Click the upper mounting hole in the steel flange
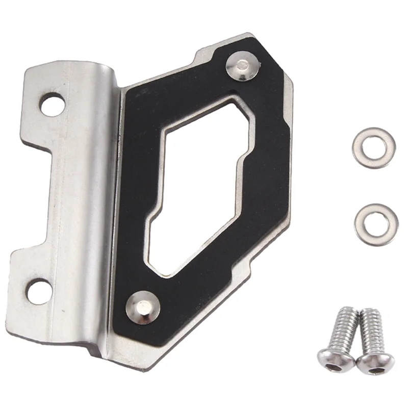(x=52, y=104)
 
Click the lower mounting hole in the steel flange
(x=39, y=292)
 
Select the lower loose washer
(x=376, y=224)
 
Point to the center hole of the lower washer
(x=377, y=224)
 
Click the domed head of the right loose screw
(x=375, y=362)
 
